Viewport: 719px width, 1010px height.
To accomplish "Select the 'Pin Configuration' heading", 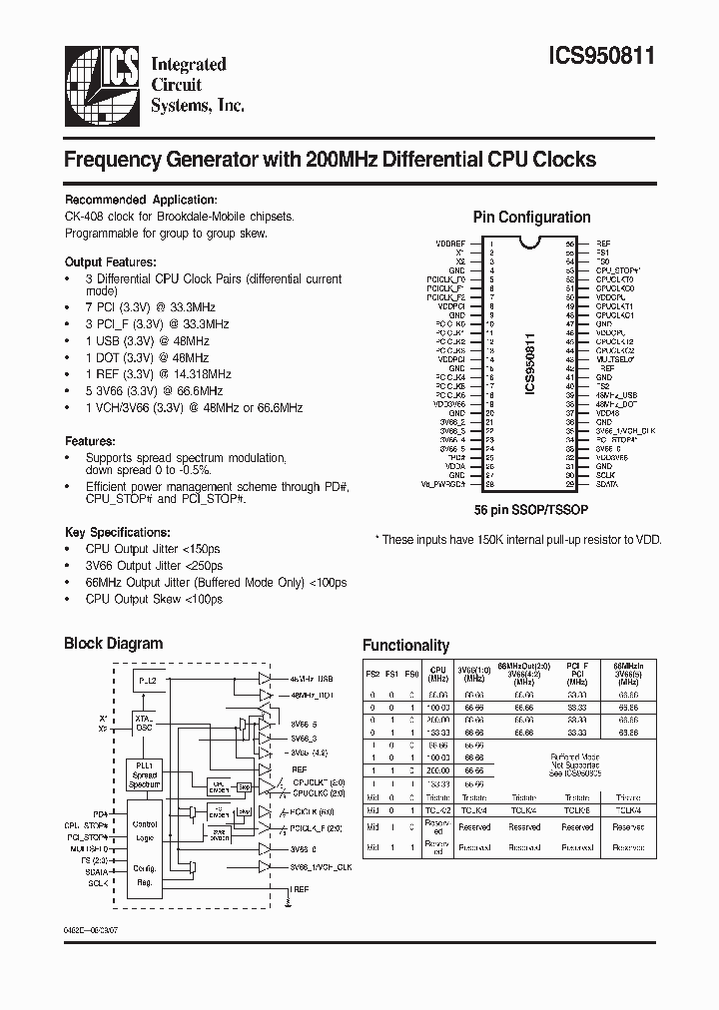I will (530, 217).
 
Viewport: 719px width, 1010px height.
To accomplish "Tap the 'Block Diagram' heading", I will (113, 643).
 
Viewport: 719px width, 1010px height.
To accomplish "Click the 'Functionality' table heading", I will (405, 645).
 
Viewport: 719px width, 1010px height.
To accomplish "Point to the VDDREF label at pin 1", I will (451, 244).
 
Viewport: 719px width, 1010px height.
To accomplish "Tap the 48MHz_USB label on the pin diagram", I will (616, 395).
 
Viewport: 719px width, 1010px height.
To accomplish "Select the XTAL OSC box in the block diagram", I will (145, 722).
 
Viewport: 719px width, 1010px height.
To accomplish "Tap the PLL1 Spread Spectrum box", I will (145, 774).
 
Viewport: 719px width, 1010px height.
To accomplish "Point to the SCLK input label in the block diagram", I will (98, 883).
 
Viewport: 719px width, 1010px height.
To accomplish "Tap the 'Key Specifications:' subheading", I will (117, 532).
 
